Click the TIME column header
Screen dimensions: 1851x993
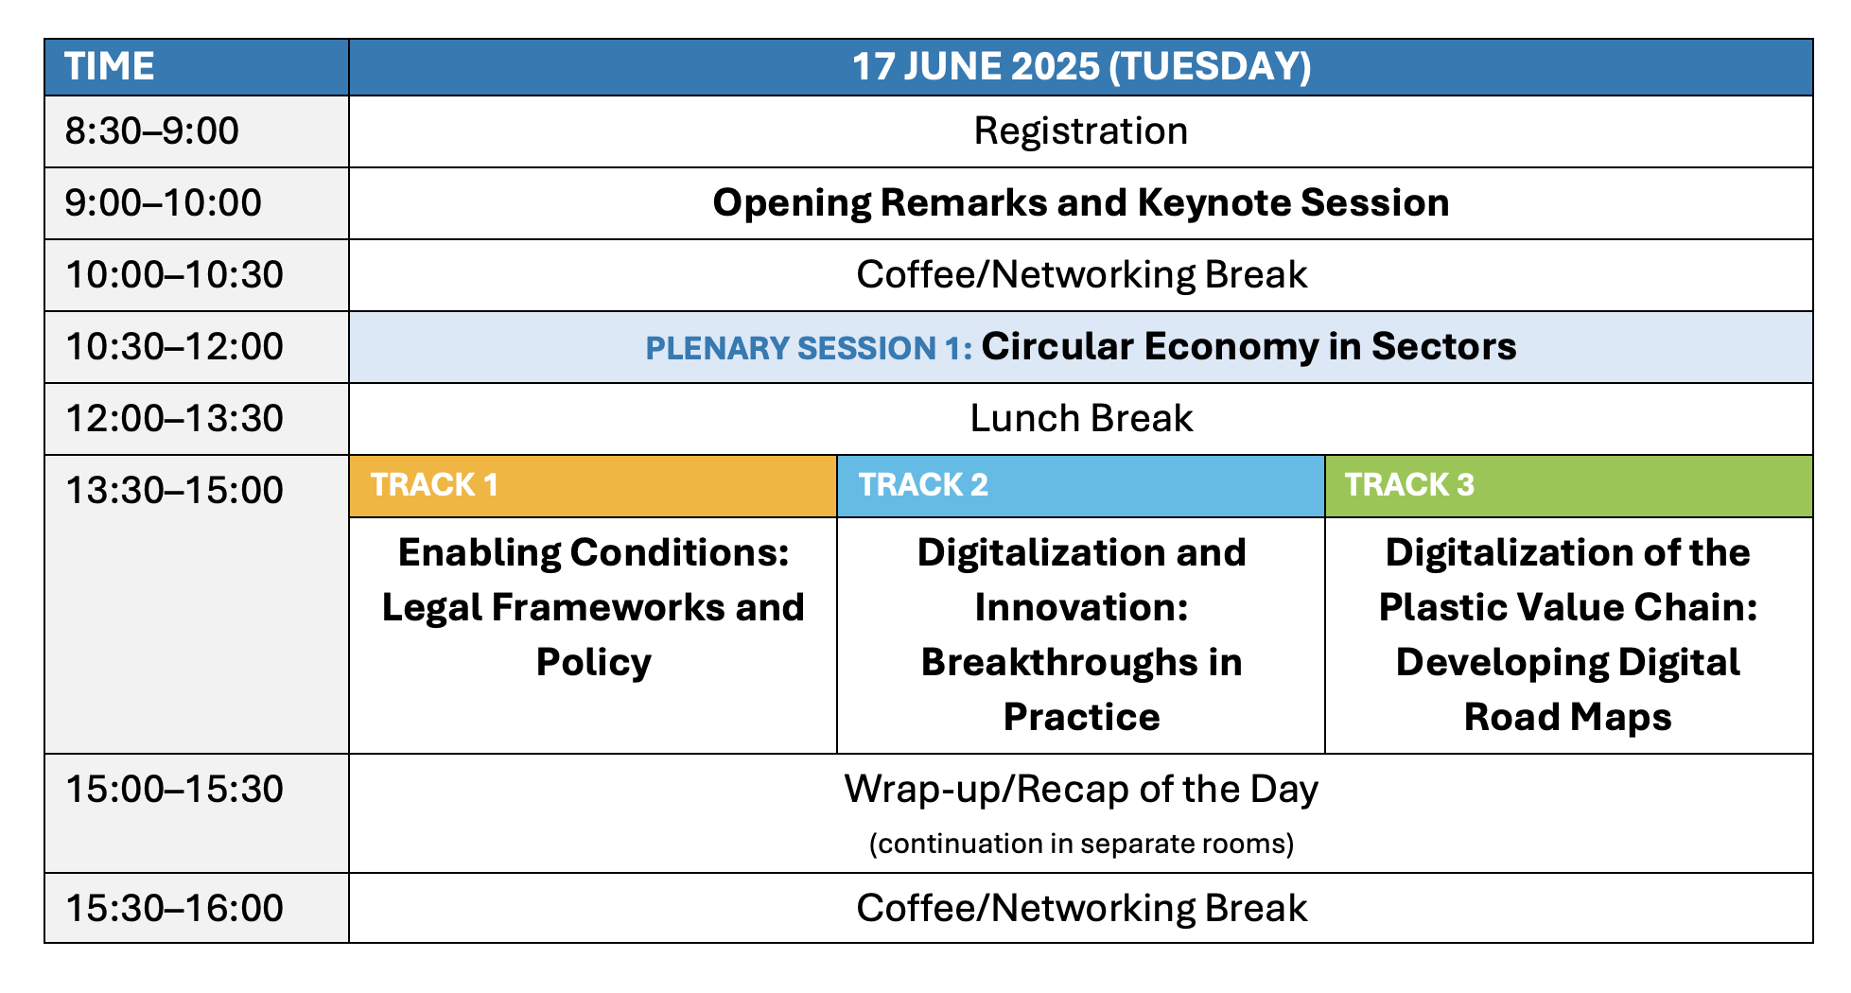pyautogui.click(x=109, y=67)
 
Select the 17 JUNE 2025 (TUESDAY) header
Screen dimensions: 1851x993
pyautogui.click(x=1081, y=67)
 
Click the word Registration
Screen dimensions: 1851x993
pyautogui.click(x=1081, y=131)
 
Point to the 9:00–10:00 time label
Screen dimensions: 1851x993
pyautogui.click(x=163, y=203)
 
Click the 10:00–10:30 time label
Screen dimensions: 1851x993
pyautogui.click(x=174, y=275)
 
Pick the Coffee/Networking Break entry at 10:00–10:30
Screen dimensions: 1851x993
pyautogui.click(x=1081, y=275)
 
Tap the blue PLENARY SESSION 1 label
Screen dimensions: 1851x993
pyautogui.click(x=809, y=348)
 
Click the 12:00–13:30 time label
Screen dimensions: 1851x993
pyautogui.click(x=174, y=419)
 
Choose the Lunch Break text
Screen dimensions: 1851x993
pyautogui.click(x=1081, y=419)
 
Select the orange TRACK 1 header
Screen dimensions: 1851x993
pyautogui.click(x=593, y=486)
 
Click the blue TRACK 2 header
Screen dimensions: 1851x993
pyautogui.click(x=1081, y=486)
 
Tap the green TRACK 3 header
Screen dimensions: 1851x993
pyautogui.click(x=1569, y=486)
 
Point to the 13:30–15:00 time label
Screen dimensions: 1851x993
pyautogui.click(x=174, y=491)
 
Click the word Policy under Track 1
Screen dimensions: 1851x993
pyautogui.click(x=593, y=663)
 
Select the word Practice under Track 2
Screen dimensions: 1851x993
pyautogui.click(x=1081, y=718)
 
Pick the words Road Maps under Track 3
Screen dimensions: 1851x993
pyautogui.click(x=1568, y=718)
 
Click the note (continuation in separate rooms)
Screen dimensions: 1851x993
pyautogui.click(x=1081, y=844)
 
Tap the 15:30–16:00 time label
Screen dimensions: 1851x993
pyautogui.click(x=174, y=909)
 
